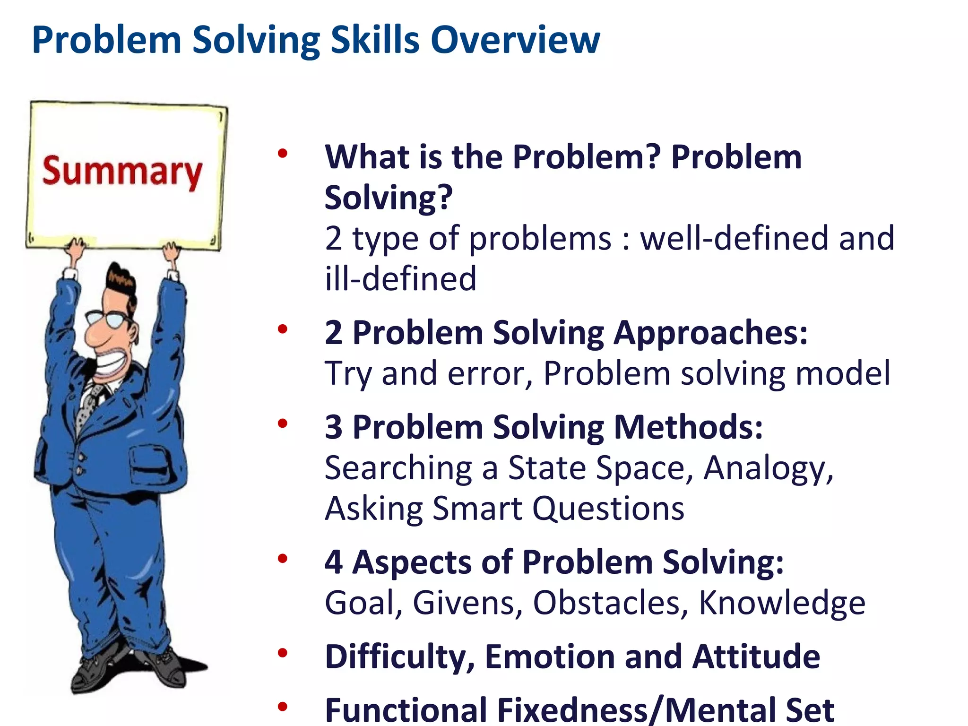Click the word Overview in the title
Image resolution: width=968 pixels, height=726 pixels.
(x=515, y=40)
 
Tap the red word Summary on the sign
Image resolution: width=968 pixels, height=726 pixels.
(x=122, y=171)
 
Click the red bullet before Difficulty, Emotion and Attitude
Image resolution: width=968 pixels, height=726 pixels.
(x=283, y=654)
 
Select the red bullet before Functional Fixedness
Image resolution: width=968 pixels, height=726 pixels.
(x=283, y=707)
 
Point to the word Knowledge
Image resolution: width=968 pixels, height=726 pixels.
(x=782, y=603)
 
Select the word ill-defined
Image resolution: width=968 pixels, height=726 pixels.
(x=400, y=279)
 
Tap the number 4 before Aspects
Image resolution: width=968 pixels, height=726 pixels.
(x=334, y=562)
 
